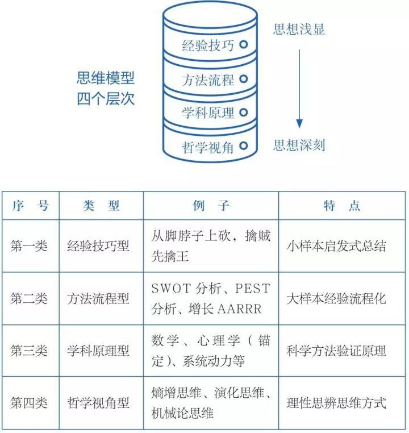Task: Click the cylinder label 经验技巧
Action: click(x=208, y=45)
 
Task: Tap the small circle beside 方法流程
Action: click(x=244, y=79)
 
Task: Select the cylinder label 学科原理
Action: click(x=208, y=113)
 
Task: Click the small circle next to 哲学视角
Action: click(x=244, y=146)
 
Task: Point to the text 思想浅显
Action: click(x=299, y=29)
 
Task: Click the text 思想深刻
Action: click(x=299, y=145)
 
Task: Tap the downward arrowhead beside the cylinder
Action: click(x=299, y=123)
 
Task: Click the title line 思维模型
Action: click(x=106, y=78)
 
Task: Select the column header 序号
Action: click(x=31, y=206)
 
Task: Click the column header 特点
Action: click(x=342, y=206)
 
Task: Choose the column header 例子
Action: click(x=211, y=206)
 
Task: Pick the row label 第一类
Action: click(x=29, y=246)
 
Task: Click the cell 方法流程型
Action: click(x=98, y=298)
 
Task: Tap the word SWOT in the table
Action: click(x=171, y=288)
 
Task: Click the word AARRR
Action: click(x=240, y=309)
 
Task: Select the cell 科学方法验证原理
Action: click(x=336, y=351)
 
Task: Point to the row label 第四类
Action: click(x=29, y=403)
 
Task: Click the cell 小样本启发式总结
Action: click(x=336, y=246)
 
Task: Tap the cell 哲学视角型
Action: click(x=98, y=403)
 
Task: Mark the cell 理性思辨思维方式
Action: click(x=336, y=403)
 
